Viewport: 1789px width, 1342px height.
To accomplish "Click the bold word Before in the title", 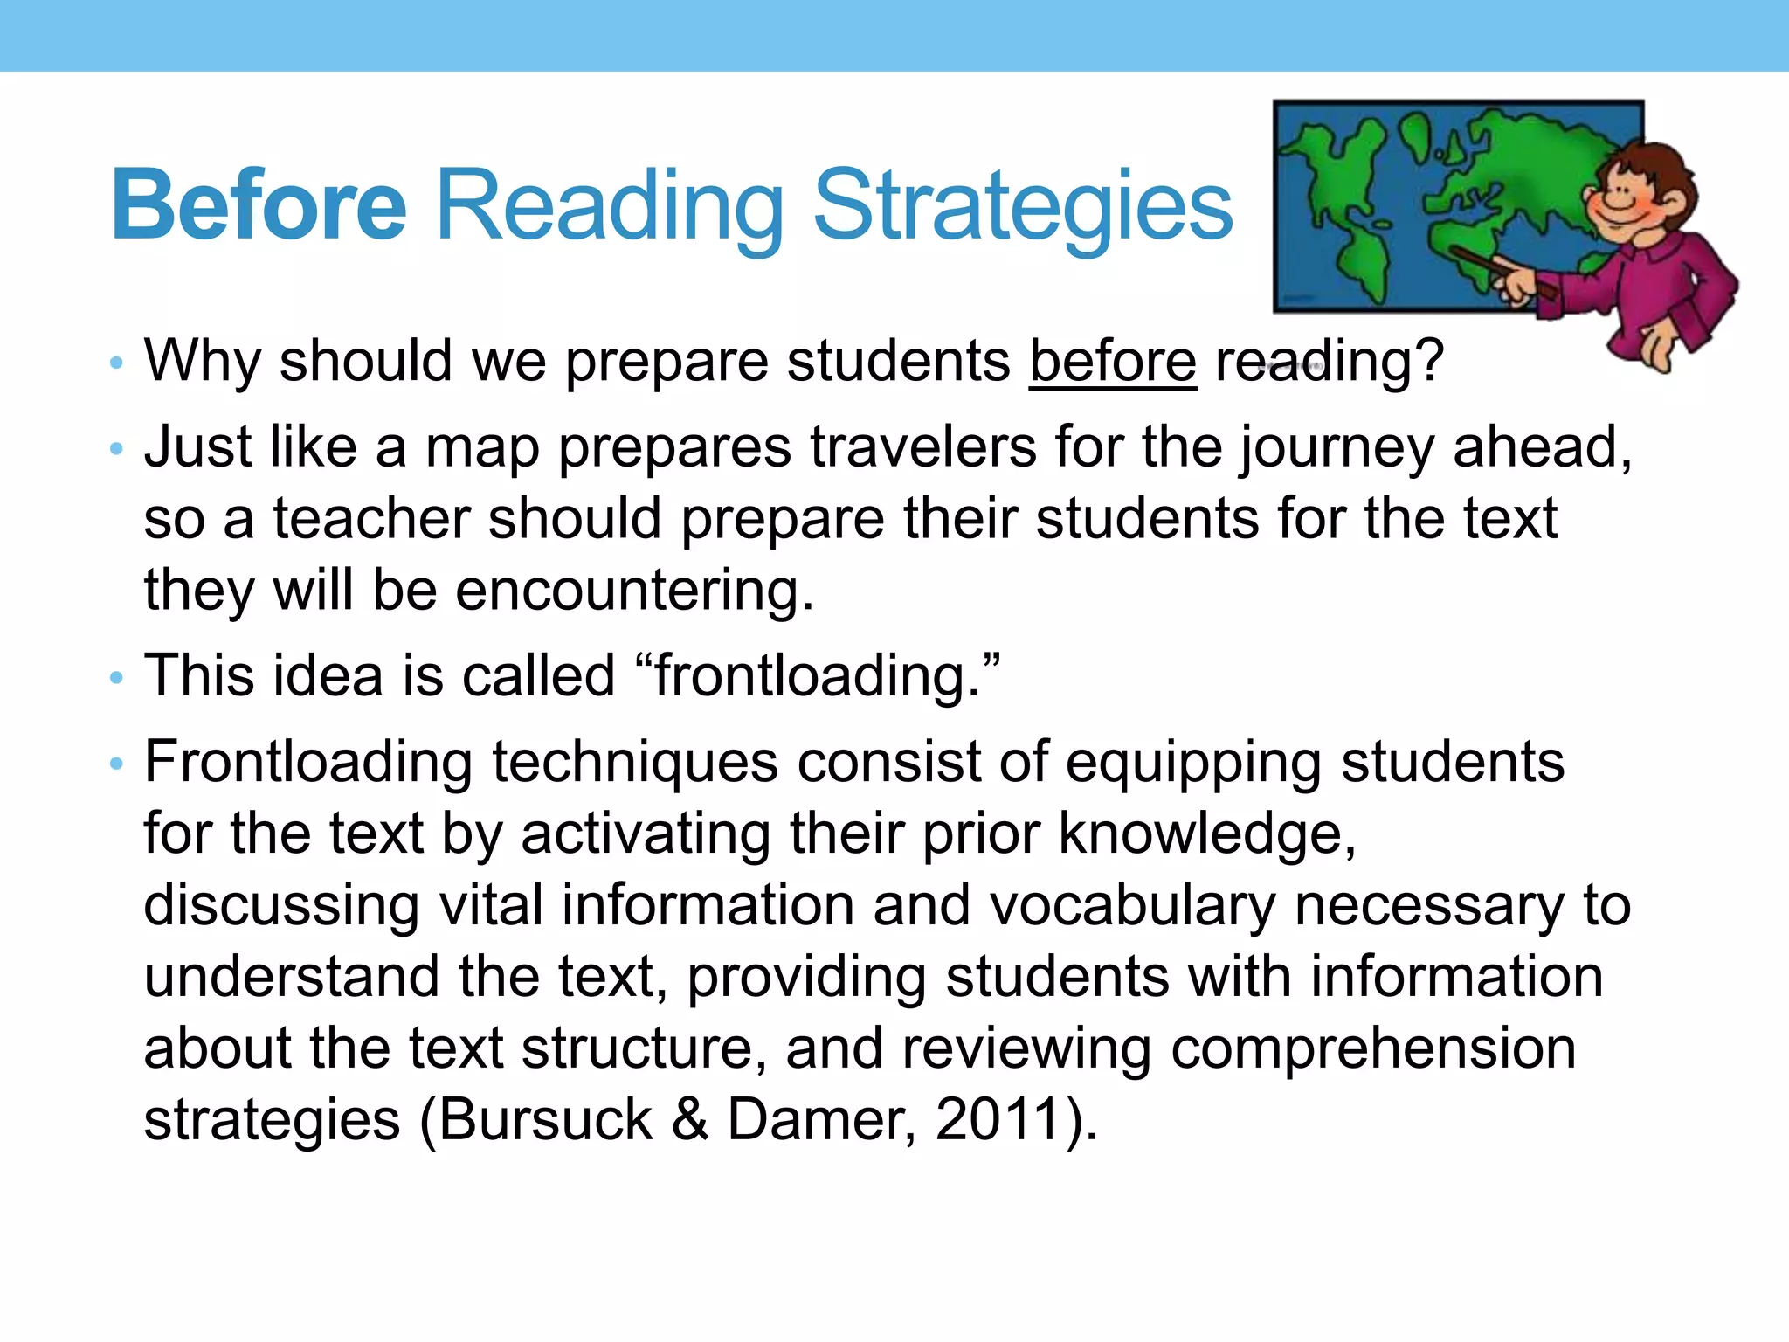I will (x=259, y=205).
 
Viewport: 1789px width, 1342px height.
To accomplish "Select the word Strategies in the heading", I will (x=1022, y=207).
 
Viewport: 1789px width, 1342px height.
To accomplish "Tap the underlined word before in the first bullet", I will (x=1112, y=361).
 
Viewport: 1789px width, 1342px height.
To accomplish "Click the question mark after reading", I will (x=1426, y=361).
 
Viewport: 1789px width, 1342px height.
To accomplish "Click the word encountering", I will (x=634, y=591).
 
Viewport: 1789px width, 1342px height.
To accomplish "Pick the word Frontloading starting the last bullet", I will (x=307, y=762).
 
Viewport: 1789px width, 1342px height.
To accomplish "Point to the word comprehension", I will (x=1373, y=1048).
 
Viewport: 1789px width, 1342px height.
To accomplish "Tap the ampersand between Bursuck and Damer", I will (x=690, y=1119).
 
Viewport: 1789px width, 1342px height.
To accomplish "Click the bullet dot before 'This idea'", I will (x=116, y=678).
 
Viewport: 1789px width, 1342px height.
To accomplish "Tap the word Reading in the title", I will (x=609, y=207).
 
